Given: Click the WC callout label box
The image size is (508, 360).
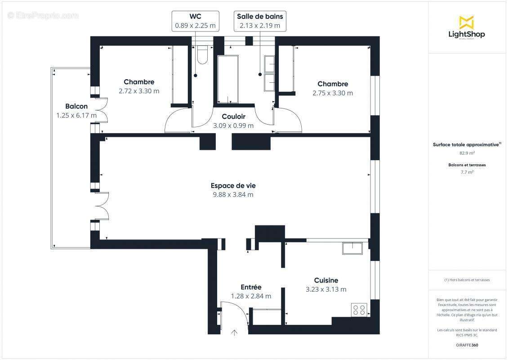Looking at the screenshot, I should coord(196,21).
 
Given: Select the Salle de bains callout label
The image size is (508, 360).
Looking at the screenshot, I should coord(260,21).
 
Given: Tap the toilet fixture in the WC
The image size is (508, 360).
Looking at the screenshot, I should coord(202,54).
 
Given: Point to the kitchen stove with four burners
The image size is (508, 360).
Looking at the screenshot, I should coord(359,310).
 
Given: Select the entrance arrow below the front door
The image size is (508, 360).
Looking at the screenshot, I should coord(234,333).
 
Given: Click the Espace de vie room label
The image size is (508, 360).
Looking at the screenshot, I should coord(233,185).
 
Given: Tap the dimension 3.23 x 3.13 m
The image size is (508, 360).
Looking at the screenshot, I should coord(326,289).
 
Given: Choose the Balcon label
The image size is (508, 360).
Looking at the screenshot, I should coord(76,107).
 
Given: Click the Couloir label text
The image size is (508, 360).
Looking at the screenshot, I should coord(233,117).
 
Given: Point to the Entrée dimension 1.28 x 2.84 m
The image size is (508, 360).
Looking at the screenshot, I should coord(251,296).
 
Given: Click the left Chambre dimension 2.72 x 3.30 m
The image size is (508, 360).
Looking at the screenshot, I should coord(139,91).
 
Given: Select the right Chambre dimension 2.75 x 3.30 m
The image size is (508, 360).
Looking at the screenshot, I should coord(333,93).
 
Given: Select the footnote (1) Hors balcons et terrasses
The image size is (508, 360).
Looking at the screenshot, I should coord(467,280).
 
